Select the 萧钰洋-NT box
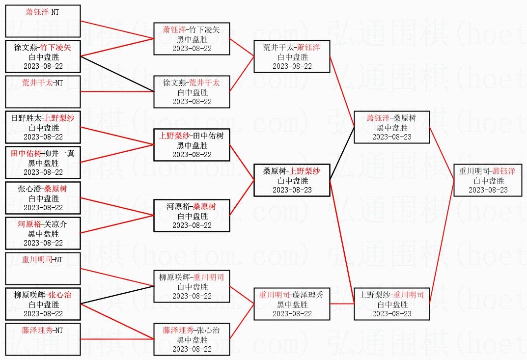coord(43,21)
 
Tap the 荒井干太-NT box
coord(43,91)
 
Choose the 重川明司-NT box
coord(43,268)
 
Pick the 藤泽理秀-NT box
coord(43,339)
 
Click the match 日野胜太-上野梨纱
coord(43,127)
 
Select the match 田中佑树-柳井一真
coord(43,163)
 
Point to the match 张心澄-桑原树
coord(43,198)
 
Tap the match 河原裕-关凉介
coord(43,233)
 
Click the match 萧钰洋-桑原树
coord(391,127)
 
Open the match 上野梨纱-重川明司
coord(391,304)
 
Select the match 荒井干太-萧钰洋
coord(292,56)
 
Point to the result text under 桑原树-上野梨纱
coord(292,181)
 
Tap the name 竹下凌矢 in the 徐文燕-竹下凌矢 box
coord(55,48)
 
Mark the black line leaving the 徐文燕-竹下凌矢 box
coord(117,73)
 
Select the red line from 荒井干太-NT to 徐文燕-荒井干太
coord(117,91)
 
